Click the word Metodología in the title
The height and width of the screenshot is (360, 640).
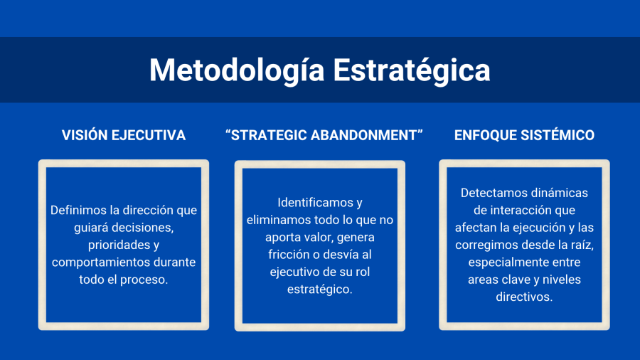(x=237, y=70)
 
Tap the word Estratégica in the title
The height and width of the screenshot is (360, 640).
(x=412, y=70)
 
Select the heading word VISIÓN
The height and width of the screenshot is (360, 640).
(x=85, y=135)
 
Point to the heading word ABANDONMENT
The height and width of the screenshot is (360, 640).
(x=366, y=135)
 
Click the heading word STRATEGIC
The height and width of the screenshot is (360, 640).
(x=266, y=135)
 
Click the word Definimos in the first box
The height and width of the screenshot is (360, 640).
(x=79, y=210)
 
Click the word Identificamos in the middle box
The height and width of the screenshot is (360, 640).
(x=314, y=203)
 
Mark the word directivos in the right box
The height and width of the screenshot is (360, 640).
(x=524, y=297)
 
